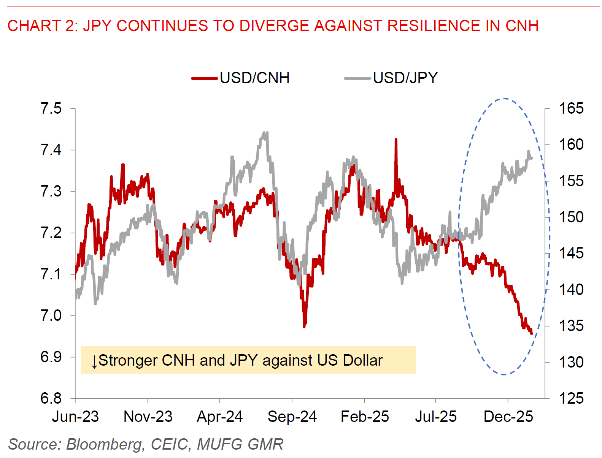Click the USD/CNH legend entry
point(240,78)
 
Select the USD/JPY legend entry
point(391,78)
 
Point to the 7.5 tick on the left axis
point(51,109)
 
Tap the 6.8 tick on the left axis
point(51,398)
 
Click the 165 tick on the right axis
point(570,109)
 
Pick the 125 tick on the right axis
point(570,398)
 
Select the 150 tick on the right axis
point(570,217)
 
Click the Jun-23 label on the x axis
point(75,417)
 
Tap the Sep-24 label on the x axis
point(292,417)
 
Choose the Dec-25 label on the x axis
point(508,417)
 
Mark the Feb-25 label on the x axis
point(365,417)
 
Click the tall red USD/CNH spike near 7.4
point(396,140)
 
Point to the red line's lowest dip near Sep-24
point(304,326)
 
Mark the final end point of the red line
point(532,333)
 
